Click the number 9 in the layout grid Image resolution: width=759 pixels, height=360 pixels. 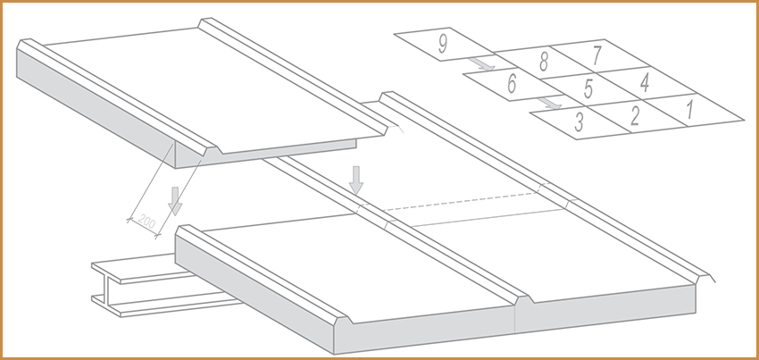442,44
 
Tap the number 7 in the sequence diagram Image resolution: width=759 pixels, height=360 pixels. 596,55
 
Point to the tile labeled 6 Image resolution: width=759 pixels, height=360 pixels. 512,84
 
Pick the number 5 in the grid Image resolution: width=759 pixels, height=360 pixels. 588,88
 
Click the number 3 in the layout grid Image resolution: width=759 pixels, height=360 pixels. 579,122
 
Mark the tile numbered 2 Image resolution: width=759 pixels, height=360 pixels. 635,116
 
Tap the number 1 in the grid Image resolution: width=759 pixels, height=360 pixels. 689,110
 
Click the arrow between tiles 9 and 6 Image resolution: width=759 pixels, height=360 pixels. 481,64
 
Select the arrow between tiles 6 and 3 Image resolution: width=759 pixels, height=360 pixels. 549,103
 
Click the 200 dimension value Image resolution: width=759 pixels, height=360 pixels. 146,222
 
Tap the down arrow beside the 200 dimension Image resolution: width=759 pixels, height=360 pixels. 175,201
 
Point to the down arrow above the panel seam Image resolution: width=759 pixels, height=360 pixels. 356,180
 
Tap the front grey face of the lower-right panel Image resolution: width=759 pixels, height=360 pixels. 605,309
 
